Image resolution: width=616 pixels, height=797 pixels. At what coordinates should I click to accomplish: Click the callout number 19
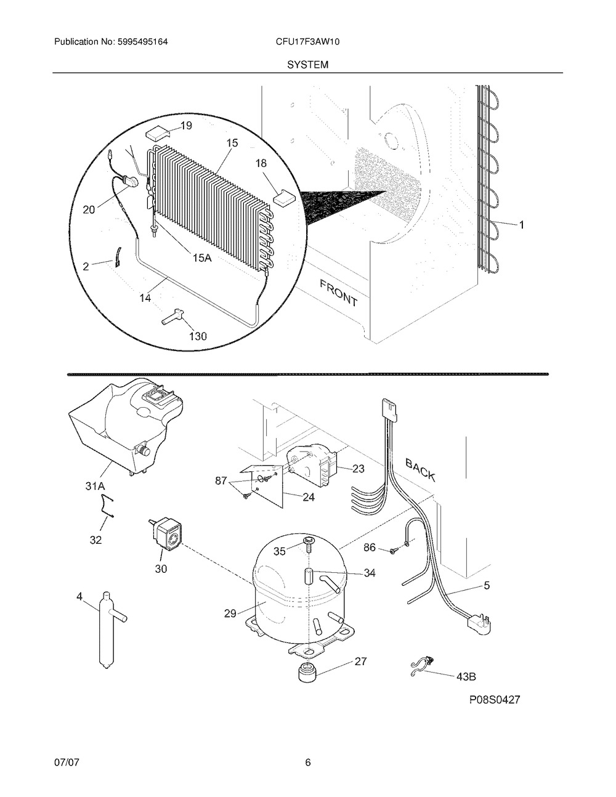pyautogui.click(x=186, y=126)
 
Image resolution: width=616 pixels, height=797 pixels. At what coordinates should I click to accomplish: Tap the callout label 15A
pyautogui.click(x=202, y=258)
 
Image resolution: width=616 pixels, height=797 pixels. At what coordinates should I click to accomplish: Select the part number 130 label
pyautogui.click(x=198, y=336)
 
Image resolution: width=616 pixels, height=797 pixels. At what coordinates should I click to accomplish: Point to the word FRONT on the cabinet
pyautogui.click(x=338, y=293)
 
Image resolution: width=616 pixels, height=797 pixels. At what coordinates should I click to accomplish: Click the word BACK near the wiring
pyautogui.click(x=421, y=470)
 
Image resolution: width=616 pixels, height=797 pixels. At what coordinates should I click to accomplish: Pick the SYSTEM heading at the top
pyautogui.click(x=307, y=65)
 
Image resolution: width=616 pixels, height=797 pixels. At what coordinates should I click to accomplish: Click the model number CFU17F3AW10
pyautogui.click(x=307, y=42)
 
